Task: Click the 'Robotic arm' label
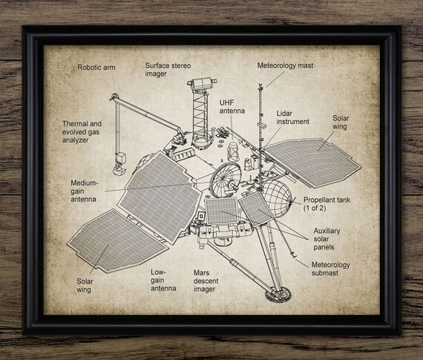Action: pos(96,68)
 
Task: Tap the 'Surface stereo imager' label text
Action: pos(168,69)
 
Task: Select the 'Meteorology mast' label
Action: pos(285,65)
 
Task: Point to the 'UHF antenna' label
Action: pos(232,107)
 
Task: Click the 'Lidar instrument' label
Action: pos(292,117)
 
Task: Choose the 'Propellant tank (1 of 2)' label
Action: pos(327,203)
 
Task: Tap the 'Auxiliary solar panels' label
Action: pos(327,239)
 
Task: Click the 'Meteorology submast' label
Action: pos(330,269)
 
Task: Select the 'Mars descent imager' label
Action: pos(206,281)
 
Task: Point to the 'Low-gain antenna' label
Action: pos(163,280)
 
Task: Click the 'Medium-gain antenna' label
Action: pos(84,191)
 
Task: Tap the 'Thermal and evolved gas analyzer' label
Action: pos(82,131)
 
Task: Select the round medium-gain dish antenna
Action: pos(226,180)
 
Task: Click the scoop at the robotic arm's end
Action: pos(119,169)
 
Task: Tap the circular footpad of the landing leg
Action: pos(278,295)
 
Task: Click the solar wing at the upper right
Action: pos(313,162)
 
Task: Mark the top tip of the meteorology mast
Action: pos(260,84)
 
